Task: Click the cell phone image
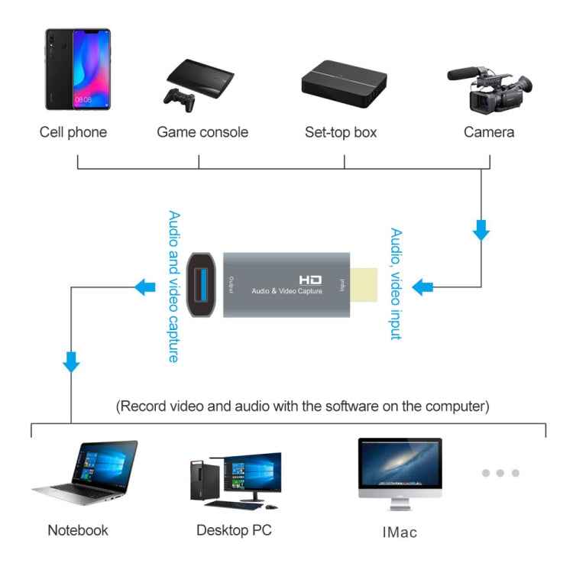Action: click(x=77, y=70)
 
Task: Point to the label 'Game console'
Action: click(x=202, y=132)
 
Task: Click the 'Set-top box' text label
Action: click(x=341, y=132)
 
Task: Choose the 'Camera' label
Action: click(x=489, y=132)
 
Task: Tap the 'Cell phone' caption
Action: click(x=73, y=132)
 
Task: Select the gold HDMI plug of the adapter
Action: click(x=365, y=286)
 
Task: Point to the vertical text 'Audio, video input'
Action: click(x=395, y=283)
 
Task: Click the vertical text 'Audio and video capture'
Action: click(x=173, y=286)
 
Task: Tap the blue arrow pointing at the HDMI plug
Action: click(x=422, y=287)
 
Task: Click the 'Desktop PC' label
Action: click(x=234, y=529)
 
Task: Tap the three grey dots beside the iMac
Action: click(x=500, y=473)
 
